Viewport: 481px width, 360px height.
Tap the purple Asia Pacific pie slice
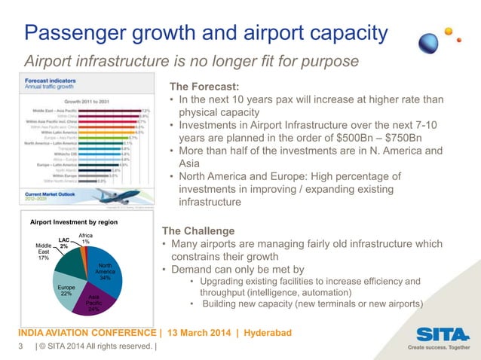click(95, 301)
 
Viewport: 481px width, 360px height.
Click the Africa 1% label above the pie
click(85, 238)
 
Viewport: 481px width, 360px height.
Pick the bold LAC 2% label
click(64, 243)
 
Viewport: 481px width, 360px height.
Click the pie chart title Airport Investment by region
click(74, 224)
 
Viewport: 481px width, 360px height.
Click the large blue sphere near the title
click(430, 42)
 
